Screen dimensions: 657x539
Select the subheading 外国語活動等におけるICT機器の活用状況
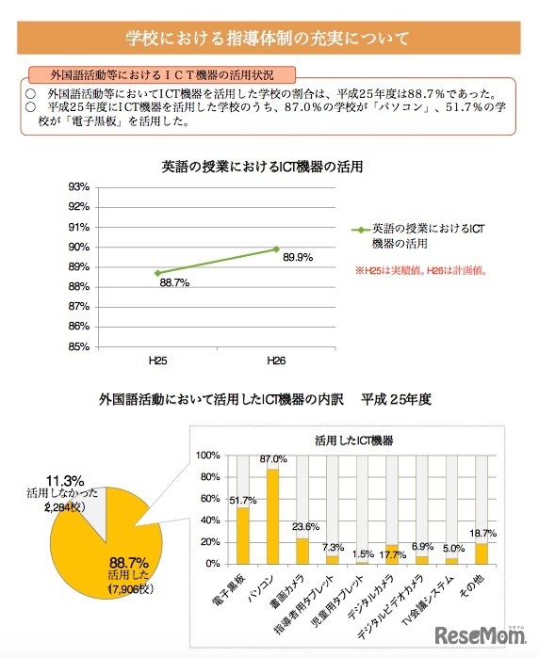click(x=163, y=74)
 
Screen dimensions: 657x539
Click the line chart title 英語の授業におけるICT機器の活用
click(x=262, y=167)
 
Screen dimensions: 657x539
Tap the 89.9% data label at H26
click(x=298, y=256)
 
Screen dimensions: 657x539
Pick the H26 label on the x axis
click(x=275, y=361)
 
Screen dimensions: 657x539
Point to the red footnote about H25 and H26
click(x=426, y=269)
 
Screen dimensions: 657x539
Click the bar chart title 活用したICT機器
click(x=354, y=440)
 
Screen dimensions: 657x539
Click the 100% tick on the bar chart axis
click(x=206, y=455)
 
